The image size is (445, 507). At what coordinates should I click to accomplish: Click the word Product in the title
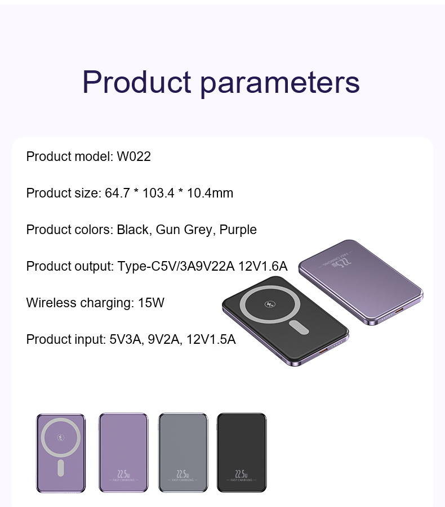pos(136,82)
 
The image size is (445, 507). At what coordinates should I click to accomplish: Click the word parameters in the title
pos(280,83)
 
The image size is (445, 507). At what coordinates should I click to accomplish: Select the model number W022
pos(133,156)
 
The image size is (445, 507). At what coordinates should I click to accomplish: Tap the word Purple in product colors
pos(238,230)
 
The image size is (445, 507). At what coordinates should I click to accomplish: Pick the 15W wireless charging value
pos(151,303)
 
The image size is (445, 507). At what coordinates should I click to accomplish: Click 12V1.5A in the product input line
pos(211,339)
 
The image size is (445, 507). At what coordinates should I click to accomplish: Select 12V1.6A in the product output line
pos(263,266)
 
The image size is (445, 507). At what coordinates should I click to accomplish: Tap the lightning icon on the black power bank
pos(270,304)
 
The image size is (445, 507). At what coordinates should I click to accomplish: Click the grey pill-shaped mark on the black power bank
pos(299,327)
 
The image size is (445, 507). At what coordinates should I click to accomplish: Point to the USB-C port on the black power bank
pos(323,350)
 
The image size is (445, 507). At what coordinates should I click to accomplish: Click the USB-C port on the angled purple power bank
pos(399,311)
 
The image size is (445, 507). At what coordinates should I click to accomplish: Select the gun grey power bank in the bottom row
pos(183,452)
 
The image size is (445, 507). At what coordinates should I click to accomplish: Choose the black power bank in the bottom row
pos(242,452)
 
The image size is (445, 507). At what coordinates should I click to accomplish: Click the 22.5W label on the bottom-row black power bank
pos(242,474)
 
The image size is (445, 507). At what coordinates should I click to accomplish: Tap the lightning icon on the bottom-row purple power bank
pos(61,438)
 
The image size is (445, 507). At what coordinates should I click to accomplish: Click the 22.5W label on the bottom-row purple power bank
pos(123,474)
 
